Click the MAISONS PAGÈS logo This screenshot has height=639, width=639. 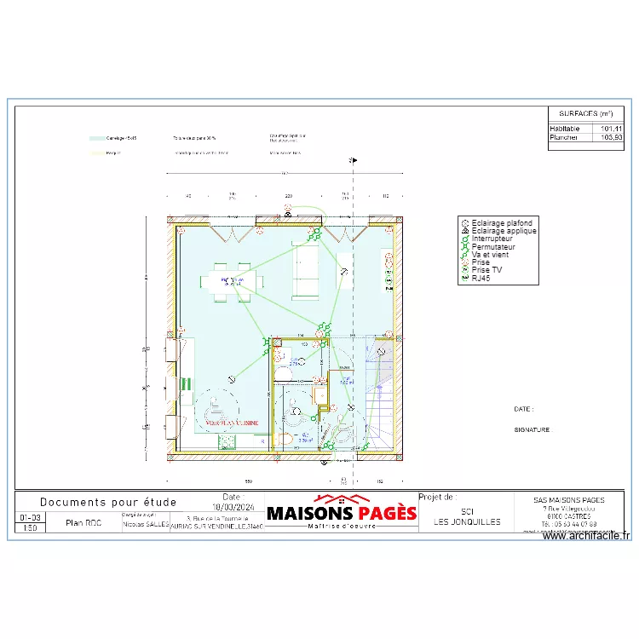point(342,512)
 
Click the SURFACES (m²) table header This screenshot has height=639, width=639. point(586,113)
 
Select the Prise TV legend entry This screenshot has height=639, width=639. point(486,270)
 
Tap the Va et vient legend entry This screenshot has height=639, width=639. point(489,254)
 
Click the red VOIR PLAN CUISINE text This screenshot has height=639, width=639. point(233,423)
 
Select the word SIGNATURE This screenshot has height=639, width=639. point(532,430)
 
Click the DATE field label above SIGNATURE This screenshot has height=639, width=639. point(525,409)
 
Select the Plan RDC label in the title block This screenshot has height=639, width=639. point(83,523)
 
